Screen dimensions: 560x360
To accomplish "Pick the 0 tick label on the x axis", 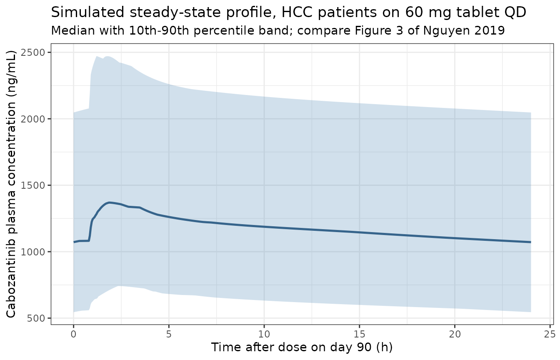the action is point(73,334).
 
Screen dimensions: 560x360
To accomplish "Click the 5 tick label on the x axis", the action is point(169,334).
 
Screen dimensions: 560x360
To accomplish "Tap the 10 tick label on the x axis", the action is point(264,334).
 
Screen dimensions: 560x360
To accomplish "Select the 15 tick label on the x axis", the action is point(360,334).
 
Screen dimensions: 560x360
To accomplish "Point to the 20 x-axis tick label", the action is point(455,334).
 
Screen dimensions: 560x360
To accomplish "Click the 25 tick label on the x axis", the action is point(550,334).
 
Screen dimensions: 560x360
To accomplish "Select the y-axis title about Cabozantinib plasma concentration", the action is point(11,184).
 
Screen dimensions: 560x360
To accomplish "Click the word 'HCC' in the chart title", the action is point(297,12).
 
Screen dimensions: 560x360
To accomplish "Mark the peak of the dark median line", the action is point(109,202).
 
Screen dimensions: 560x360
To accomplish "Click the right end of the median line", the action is point(531,242).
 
